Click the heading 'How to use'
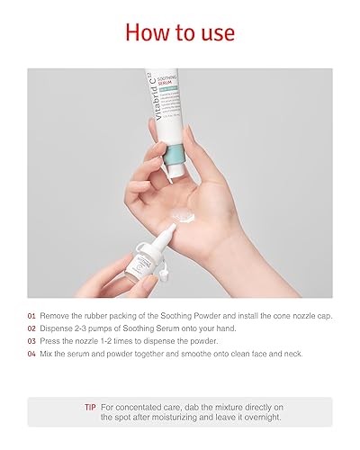[x=180, y=33]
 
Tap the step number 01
[x=31, y=317]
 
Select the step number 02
[x=31, y=329]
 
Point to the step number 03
[x=31, y=342]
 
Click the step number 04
[x=31, y=355]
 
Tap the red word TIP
[x=90, y=408]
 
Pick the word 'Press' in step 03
[x=51, y=342]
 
